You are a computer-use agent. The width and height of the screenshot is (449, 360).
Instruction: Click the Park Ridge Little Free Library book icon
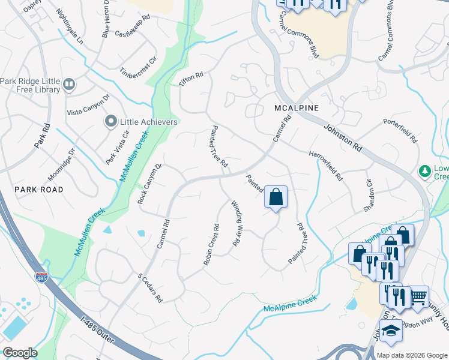(69, 85)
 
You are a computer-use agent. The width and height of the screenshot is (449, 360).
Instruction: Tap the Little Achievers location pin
(110, 122)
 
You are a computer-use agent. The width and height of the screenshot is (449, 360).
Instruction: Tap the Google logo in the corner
(20, 352)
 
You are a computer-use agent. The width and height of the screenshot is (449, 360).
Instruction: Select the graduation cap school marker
(390, 331)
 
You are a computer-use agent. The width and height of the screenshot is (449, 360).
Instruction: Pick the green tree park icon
(426, 172)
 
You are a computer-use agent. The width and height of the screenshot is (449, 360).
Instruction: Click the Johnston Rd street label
(345, 137)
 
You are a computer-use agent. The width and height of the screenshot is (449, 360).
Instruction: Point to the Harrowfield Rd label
(325, 166)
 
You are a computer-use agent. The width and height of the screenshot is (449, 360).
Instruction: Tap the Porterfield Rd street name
(400, 130)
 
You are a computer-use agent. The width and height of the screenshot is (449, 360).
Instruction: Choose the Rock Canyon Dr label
(150, 184)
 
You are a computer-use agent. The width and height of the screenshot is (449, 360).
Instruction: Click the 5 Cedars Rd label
(150, 288)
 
